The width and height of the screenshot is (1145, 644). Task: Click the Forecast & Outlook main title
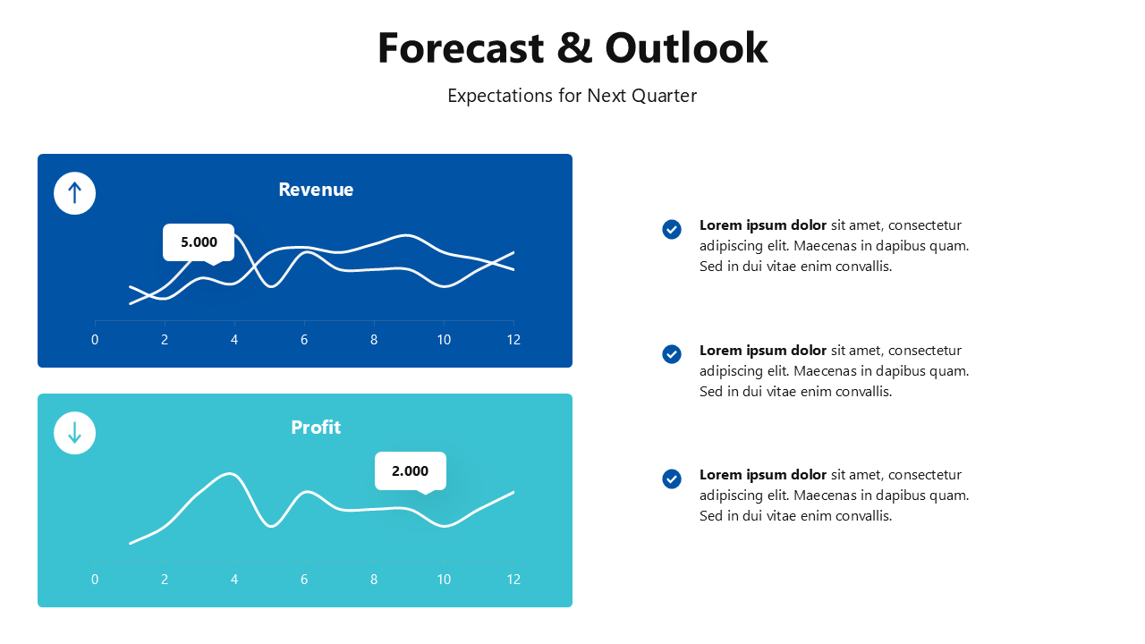point(572,48)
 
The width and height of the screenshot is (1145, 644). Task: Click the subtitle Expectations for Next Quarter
point(572,96)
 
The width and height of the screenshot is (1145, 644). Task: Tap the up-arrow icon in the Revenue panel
point(74,193)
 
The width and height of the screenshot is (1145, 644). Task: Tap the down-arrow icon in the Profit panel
point(74,433)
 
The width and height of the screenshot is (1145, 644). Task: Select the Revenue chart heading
point(316,190)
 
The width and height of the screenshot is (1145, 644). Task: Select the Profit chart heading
point(316,428)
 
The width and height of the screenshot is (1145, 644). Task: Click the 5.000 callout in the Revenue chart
point(199,241)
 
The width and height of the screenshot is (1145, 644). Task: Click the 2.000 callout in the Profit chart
point(410,470)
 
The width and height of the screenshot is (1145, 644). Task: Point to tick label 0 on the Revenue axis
point(95,340)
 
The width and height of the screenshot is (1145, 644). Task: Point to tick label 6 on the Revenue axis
point(304,340)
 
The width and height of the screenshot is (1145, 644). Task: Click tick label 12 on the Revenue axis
point(513,340)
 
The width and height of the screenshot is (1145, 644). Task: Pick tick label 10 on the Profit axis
point(444,580)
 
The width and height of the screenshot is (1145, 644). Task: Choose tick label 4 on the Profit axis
point(234,580)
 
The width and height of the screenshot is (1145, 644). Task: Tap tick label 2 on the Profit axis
point(165,580)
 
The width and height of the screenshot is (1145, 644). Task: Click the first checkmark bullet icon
point(672,230)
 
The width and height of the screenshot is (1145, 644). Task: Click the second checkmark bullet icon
point(672,354)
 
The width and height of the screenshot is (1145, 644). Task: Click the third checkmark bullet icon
point(672,479)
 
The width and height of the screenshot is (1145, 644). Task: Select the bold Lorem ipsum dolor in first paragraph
point(762,225)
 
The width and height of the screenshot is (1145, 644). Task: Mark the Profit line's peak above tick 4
point(232,473)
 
